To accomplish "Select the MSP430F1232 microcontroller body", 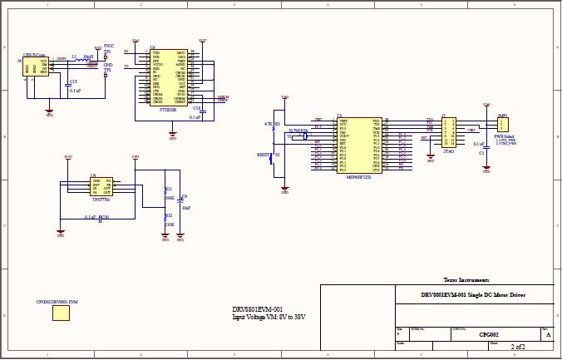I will (358, 145).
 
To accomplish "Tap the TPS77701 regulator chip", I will (101, 187).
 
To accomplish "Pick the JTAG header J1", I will (449, 132).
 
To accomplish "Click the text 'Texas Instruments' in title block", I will (466, 280).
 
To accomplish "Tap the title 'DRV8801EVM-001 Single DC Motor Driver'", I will (472, 294).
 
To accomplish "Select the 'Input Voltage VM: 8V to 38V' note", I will (269, 317).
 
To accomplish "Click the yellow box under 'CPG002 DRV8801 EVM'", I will (61, 313).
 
